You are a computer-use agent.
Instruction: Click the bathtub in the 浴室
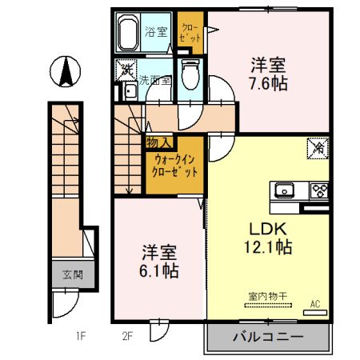(x=129, y=34)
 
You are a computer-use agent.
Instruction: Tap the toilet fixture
(x=190, y=77)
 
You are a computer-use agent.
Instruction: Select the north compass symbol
(x=65, y=73)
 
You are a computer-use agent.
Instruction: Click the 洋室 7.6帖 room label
(x=270, y=74)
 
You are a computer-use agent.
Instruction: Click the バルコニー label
(x=268, y=337)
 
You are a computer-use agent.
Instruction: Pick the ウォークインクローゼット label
(x=174, y=166)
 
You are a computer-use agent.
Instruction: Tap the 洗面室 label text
(x=154, y=80)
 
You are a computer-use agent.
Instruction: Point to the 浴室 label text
(x=155, y=32)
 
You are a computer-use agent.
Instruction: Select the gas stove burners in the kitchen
(x=318, y=190)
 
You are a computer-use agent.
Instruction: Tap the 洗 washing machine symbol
(x=126, y=70)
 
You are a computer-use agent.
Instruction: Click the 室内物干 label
(x=263, y=296)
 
